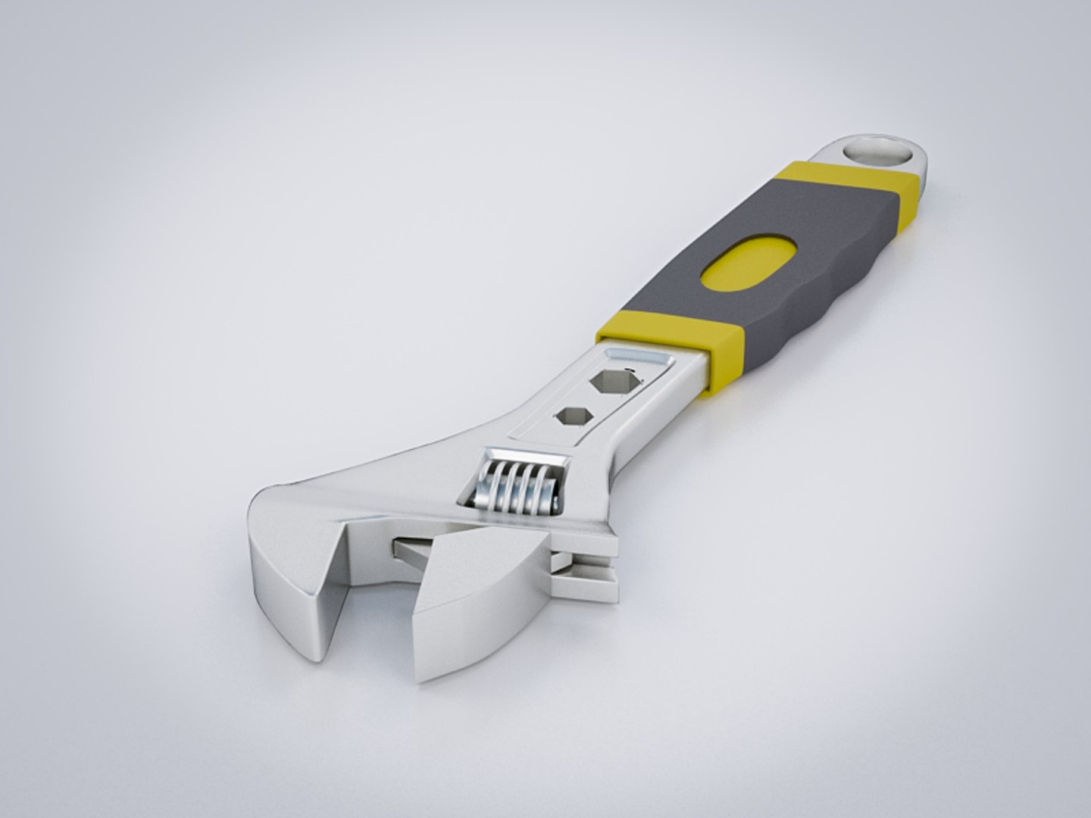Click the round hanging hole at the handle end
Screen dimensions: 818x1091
878,151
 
